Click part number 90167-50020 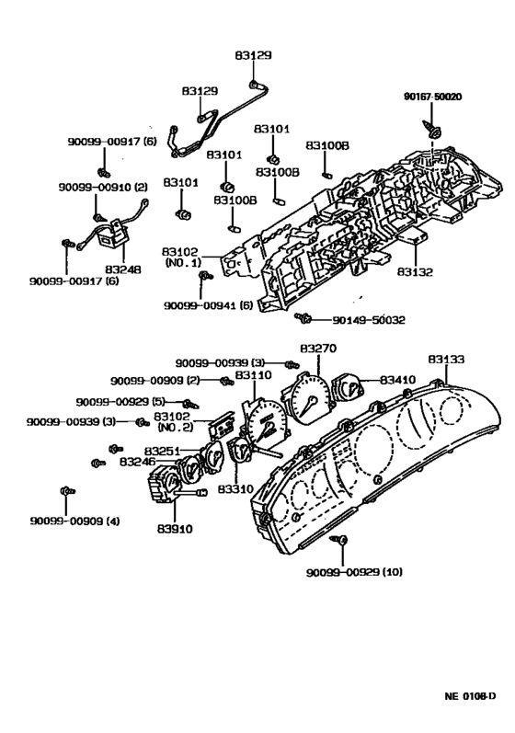(433, 97)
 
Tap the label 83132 (415, 271)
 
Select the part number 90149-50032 (369, 320)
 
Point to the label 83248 (123, 269)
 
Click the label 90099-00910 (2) (103, 187)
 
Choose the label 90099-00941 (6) (208, 305)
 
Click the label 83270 (318, 349)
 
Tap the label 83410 (397, 380)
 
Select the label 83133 (446, 359)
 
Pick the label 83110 (253, 375)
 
